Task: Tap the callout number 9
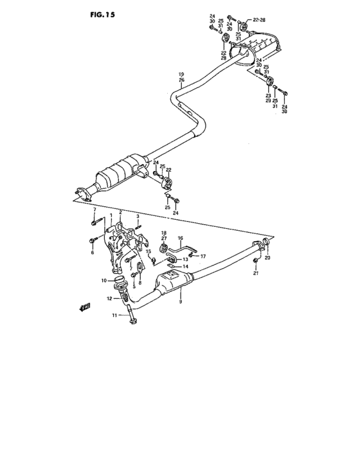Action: coord(181,301)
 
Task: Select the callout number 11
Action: coord(114,315)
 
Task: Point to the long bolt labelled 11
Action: coord(131,315)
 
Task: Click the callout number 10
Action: coord(103,280)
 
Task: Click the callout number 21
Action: coord(256,274)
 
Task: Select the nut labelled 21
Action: coord(256,261)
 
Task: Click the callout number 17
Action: coord(203,256)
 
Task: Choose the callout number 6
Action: coord(92,253)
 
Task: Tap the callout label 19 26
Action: coord(181,77)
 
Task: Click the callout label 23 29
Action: coord(268,98)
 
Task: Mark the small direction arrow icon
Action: coord(84,307)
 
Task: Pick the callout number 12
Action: coord(109,298)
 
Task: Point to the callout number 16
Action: coord(181,237)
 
